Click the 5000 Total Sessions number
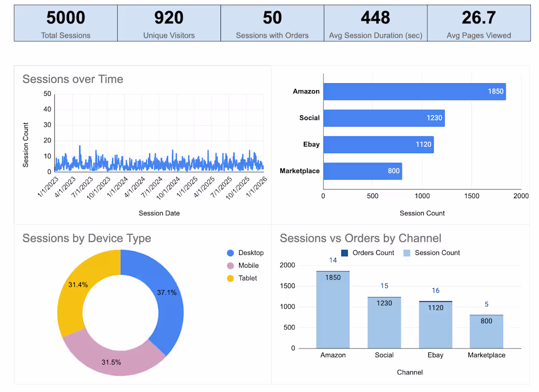tap(66, 18)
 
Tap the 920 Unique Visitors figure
tap(169, 18)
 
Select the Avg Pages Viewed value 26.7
tap(479, 18)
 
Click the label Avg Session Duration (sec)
tap(376, 35)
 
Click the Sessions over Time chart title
tap(73, 79)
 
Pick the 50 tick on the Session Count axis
tap(48, 93)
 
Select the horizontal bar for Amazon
tap(414, 92)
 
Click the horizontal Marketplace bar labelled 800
tap(362, 171)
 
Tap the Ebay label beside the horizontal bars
tap(311, 144)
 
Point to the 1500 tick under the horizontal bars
tap(471, 196)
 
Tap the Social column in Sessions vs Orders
tap(384, 323)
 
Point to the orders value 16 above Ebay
tap(436, 291)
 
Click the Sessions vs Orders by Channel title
tap(360, 238)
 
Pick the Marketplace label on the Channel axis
tap(486, 355)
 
